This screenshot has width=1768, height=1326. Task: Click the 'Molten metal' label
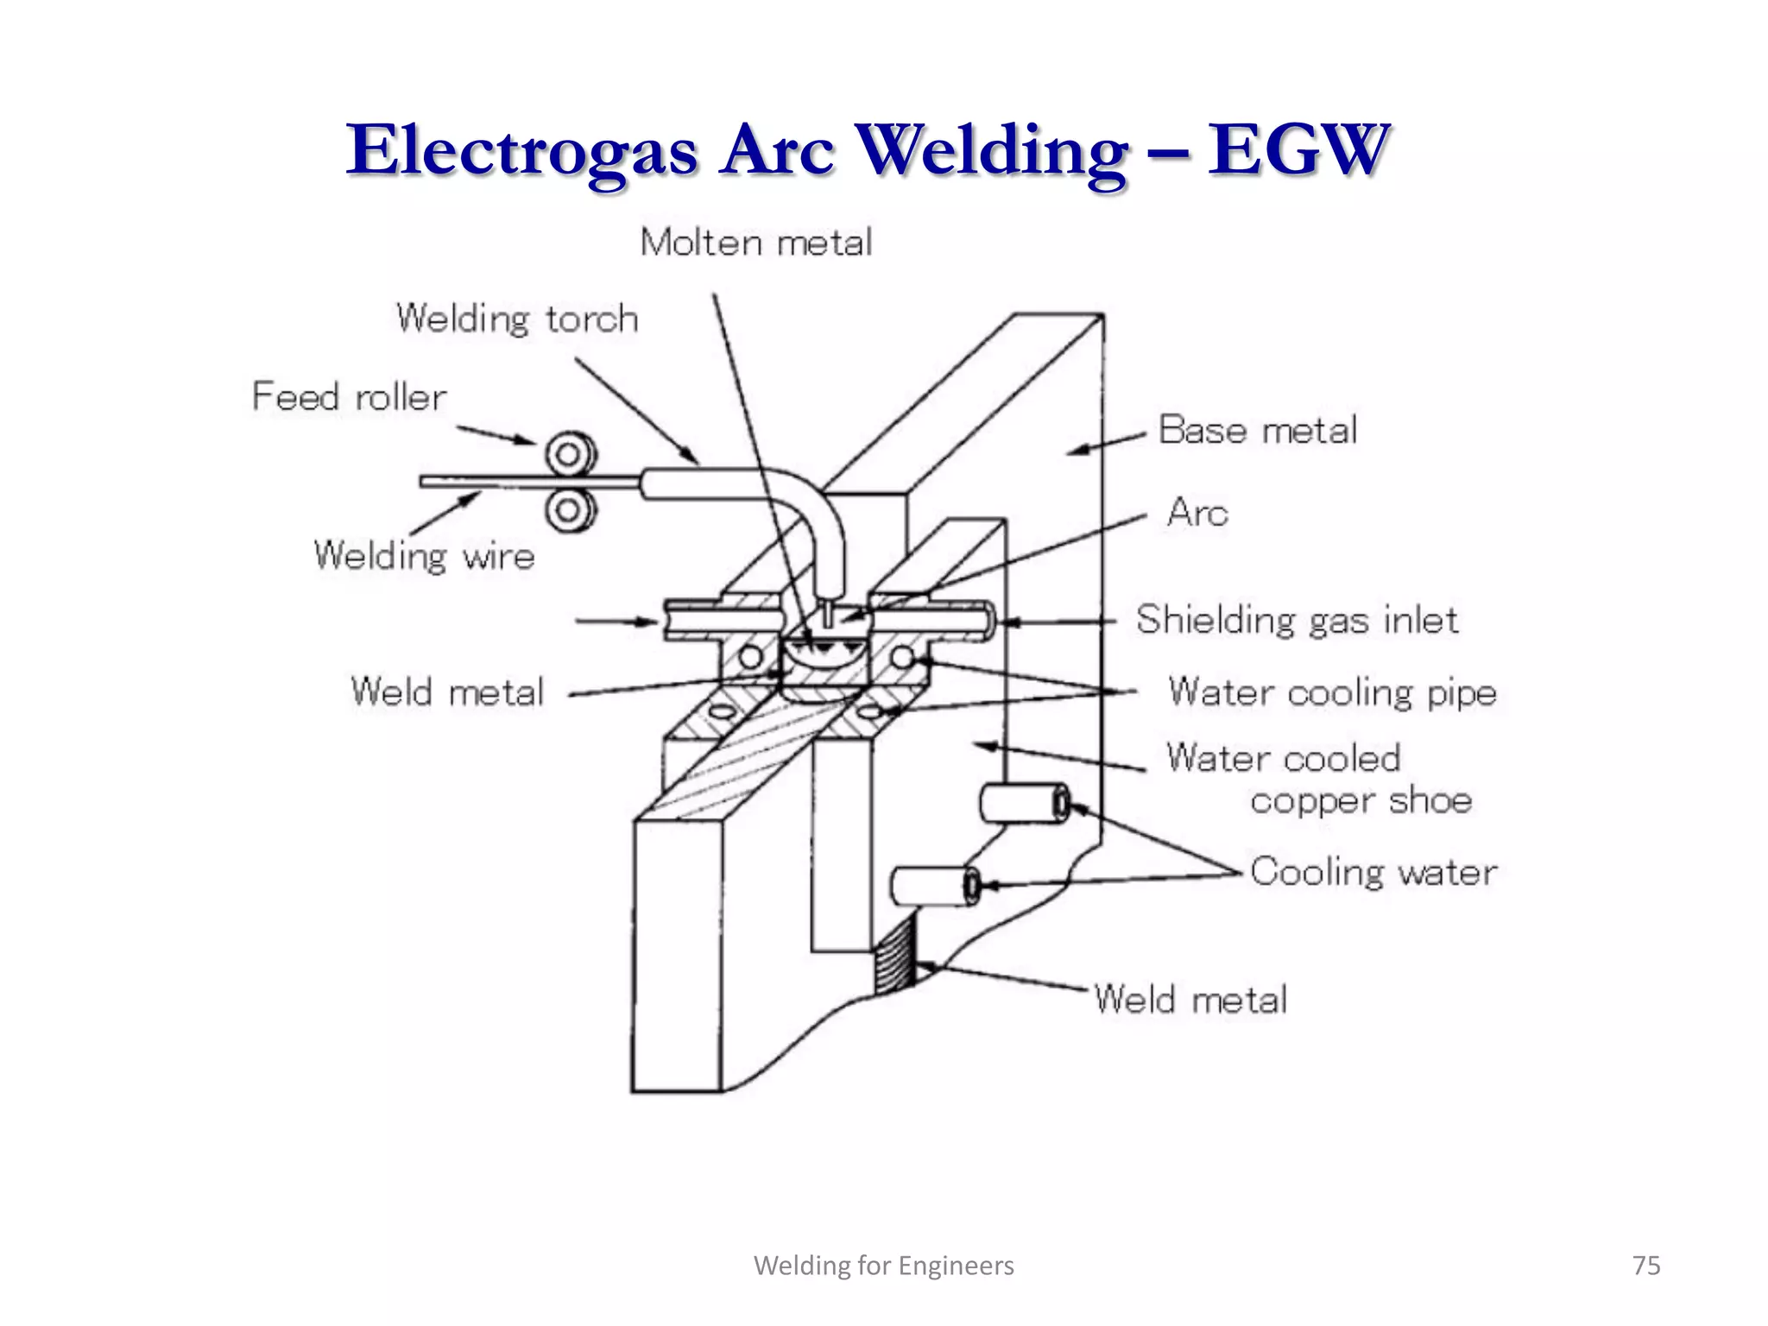click(x=755, y=243)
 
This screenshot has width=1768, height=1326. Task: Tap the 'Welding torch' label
click(x=517, y=319)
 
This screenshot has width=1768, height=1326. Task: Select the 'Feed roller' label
click(x=349, y=397)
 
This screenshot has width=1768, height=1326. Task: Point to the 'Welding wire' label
click(x=424, y=555)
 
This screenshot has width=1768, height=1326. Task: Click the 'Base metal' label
click(x=1257, y=430)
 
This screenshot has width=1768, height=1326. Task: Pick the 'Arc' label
click(x=1197, y=513)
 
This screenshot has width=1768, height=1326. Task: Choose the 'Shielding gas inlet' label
click(x=1297, y=620)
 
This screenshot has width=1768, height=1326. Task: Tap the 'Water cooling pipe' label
click(x=1332, y=692)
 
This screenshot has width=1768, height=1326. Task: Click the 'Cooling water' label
click(x=1373, y=872)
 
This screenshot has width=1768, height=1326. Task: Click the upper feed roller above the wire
click(x=571, y=453)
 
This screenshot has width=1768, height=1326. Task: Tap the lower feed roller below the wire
click(x=571, y=510)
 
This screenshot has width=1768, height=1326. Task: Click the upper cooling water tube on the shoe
click(x=1024, y=804)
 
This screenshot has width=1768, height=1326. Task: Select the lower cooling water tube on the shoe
click(x=935, y=887)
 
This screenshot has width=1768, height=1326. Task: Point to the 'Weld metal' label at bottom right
click(x=1190, y=1000)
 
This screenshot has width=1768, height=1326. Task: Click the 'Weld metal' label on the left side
click(x=447, y=692)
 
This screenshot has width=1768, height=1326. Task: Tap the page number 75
click(x=1646, y=1266)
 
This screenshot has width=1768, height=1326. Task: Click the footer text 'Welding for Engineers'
click(x=884, y=1266)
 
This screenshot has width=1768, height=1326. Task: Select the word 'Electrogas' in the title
click(x=522, y=150)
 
